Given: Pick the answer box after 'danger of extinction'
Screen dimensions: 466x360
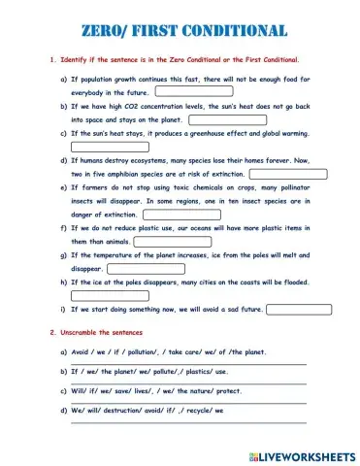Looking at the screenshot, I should [x=167, y=215].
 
